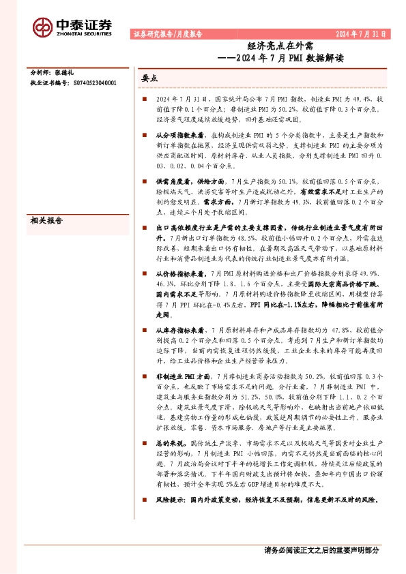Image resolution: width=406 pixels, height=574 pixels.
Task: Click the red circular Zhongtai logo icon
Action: point(43,26)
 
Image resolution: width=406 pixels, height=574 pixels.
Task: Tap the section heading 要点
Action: point(149,78)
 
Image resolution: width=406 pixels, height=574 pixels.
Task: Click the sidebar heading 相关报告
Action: point(46,201)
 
